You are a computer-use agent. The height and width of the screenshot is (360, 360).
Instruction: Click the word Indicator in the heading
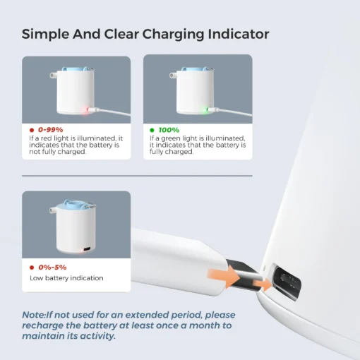click(239, 34)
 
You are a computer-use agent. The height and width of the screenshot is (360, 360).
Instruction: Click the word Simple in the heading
click(45, 34)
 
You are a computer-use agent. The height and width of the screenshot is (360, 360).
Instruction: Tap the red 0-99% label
click(51, 130)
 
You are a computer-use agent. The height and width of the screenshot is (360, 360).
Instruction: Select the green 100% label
click(169, 130)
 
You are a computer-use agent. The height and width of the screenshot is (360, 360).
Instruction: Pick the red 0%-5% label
click(52, 268)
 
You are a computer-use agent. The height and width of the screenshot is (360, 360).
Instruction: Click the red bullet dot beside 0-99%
click(32, 130)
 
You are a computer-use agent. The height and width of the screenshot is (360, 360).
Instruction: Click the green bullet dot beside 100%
click(152, 130)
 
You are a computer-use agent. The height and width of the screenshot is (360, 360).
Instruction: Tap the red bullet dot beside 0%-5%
click(32, 268)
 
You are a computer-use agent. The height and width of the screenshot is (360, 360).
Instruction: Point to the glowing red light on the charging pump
click(86, 110)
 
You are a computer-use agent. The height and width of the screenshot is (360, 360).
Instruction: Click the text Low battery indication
click(66, 278)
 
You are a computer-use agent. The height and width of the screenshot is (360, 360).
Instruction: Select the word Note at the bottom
click(33, 315)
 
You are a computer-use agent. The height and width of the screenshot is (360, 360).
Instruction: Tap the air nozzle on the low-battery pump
click(52, 209)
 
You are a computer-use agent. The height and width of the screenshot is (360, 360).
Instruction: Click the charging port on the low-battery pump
click(88, 249)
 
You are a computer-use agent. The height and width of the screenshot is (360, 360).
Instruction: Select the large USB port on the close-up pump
click(287, 281)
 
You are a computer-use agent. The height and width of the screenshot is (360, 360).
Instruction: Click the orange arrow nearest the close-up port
click(263, 284)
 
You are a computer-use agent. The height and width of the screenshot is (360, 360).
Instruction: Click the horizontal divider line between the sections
click(137, 176)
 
